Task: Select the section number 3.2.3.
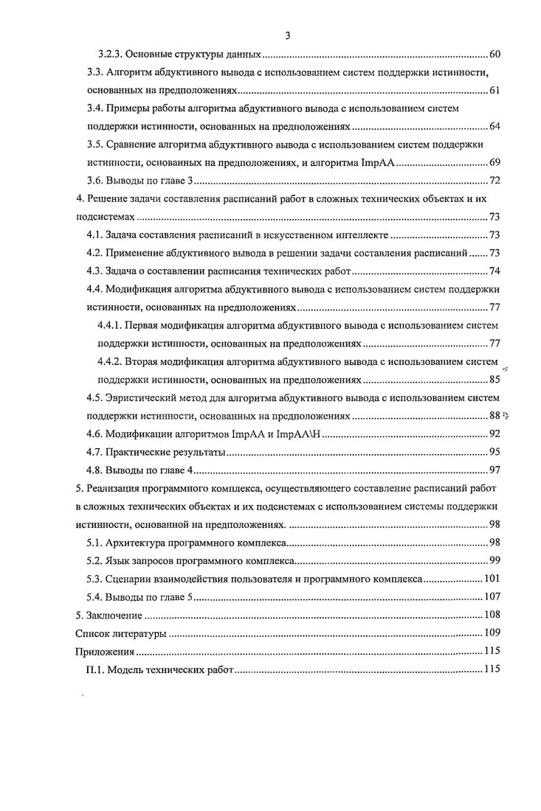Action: [111, 55]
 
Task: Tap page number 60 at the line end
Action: [495, 55]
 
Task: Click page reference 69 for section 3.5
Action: [495, 162]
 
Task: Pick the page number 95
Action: [495, 452]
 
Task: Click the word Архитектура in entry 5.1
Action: [137, 543]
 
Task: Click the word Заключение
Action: [112, 615]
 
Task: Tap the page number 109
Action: [492, 633]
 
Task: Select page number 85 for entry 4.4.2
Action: [495, 380]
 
